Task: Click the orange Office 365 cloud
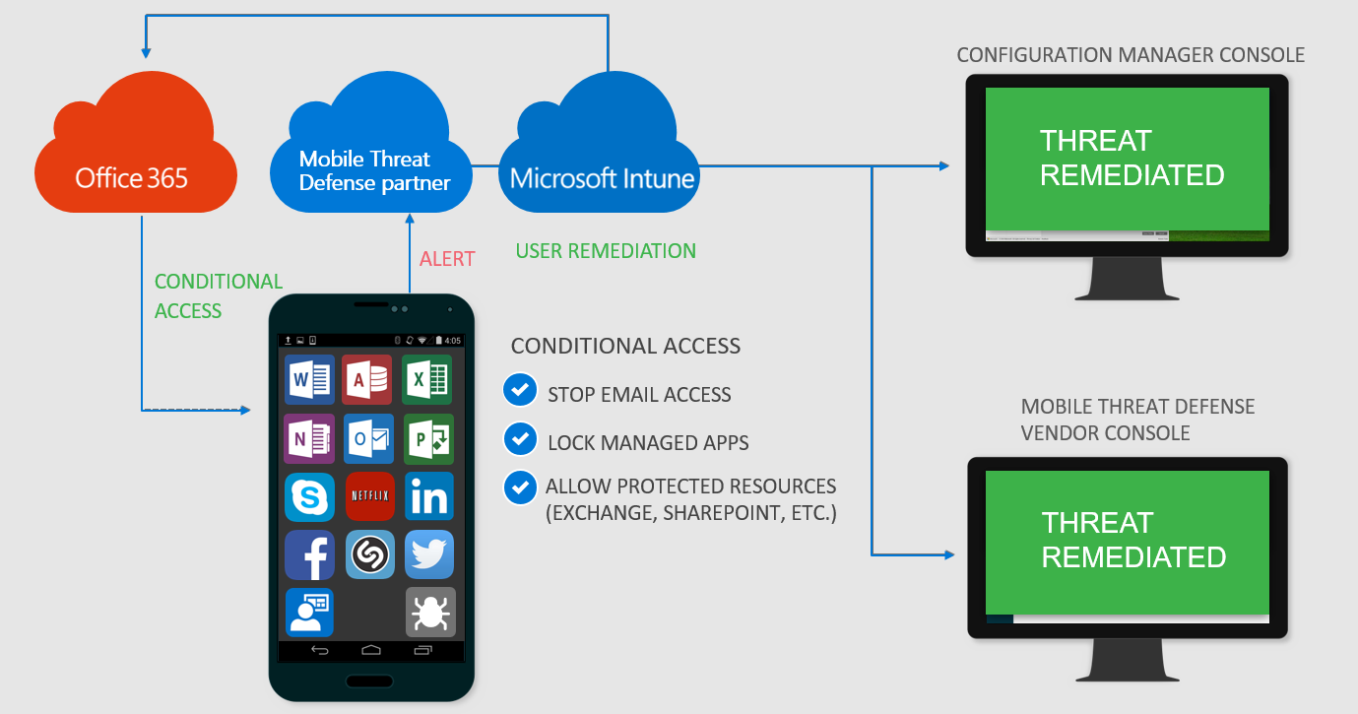click(x=133, y=158)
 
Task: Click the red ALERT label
click(x=447, y=259)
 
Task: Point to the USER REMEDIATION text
click(x=606, y=251)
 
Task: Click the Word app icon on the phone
click(x=309, y=379)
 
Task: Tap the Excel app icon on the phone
click(x=427, y=379)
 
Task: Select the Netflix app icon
click(x=370, y=496)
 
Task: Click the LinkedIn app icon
click(x=428, y=496)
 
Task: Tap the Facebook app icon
click(x=309, y=555)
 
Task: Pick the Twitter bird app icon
click(x=429, y=555)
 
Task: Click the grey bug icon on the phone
click(x=430, y=613)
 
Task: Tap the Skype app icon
click(x=309, y=496)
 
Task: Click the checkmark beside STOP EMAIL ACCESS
click(x=519, y=390)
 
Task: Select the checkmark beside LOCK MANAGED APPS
click(x=519, y=438)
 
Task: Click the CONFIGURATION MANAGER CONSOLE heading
click(x=1131, y=55)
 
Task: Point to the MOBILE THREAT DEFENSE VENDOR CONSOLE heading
click(x=1137, y=421)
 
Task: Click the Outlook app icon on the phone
click(x=369, y=438)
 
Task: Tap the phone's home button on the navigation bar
click(x=370, y=650)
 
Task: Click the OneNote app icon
click(x=309, y=438)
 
